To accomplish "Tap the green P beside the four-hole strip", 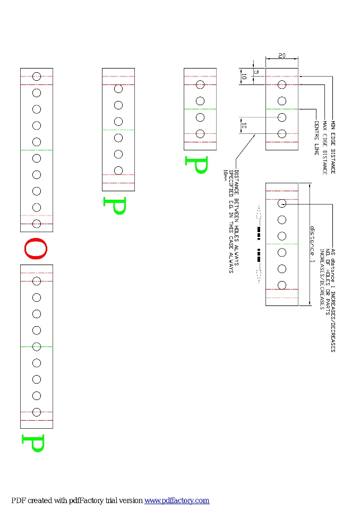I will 195,165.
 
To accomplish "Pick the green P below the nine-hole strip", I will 32,443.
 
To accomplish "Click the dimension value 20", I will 281,56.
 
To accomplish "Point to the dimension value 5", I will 256,72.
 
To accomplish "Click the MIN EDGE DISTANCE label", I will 333,147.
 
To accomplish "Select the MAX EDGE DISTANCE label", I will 324,149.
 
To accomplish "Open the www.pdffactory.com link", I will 177,500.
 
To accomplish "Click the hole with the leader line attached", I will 282,203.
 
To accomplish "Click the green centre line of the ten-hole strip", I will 36,150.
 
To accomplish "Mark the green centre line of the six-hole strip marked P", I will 118,130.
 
